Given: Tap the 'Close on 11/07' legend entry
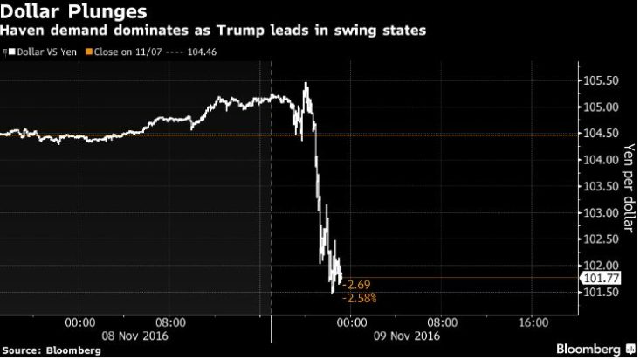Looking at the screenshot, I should click(159, 52).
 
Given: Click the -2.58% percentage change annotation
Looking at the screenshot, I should click(361, 299).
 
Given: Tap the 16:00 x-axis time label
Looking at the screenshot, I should click(533, 322).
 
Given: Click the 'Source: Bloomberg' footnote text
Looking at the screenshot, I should click(51, 350).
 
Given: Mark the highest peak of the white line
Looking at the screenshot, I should click(306, 83).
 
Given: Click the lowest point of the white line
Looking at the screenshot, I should click(332, 292).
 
